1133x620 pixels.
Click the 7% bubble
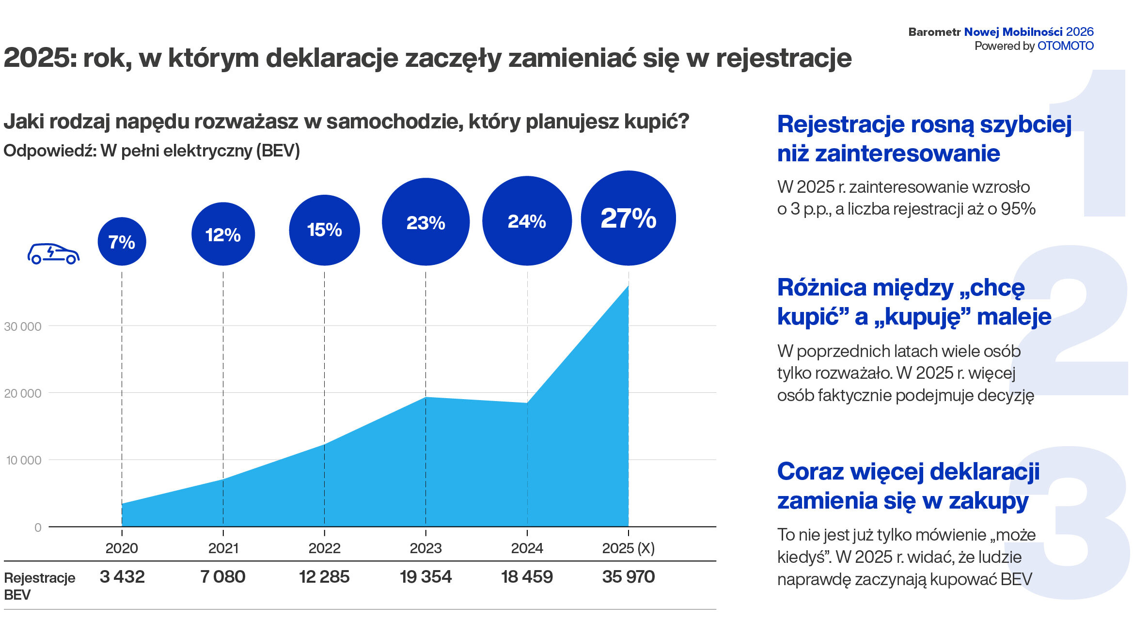[x=122, y=241]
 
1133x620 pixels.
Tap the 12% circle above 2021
[x=223, y=234]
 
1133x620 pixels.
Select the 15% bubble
[x=324, y=230]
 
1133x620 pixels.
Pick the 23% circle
[x=425, y=222]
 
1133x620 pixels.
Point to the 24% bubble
[x=527, y=221]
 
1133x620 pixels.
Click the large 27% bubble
[x=628, y=218]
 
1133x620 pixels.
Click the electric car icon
[x=53, y=253]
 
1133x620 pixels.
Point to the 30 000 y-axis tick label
[x=23, y=326]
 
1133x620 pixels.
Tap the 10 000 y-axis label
[x=23, y=460]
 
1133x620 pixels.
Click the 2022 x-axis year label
[x=324, y=548]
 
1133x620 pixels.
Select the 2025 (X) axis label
[x=628, y=548]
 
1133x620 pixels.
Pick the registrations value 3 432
[x=122, y=576]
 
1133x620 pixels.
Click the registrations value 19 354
[x=425, y=576]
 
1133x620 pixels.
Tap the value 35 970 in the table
[x=628, y=576]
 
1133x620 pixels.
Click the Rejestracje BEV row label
[x=39, y=586]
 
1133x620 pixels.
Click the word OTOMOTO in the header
[x=1065, y=46]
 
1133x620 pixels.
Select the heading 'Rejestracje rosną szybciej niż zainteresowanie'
[x=924, y=139]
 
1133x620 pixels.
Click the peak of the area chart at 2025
[x=628, y=286]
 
